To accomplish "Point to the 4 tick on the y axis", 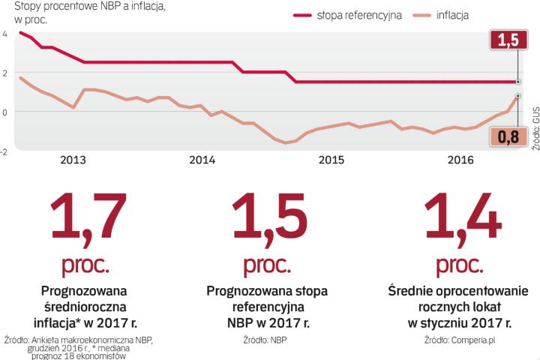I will [5, 34].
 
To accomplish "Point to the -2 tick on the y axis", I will [4, 151].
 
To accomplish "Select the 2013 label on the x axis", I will [72, 160].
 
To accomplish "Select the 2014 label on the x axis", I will [202, 160].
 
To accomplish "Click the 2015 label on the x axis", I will [331, 160].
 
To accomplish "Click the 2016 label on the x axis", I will [460, 160].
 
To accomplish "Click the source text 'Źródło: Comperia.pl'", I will [460, 339].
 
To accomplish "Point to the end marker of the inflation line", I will [517, 96].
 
